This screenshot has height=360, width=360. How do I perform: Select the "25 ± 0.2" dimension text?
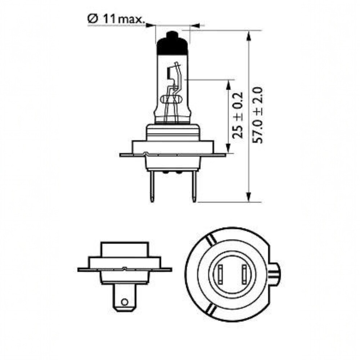[x=237, y=115]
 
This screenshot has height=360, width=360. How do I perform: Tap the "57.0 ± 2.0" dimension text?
[x=257, y=115]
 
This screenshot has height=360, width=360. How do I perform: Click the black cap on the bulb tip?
[x=172, y=43]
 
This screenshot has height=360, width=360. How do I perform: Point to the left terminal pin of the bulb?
[x=152, y=186]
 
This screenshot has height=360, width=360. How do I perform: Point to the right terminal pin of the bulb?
[x=194, y=186]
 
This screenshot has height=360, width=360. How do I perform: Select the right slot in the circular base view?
[x=244, y=274]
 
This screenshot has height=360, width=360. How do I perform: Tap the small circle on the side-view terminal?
[x=125, y=302]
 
